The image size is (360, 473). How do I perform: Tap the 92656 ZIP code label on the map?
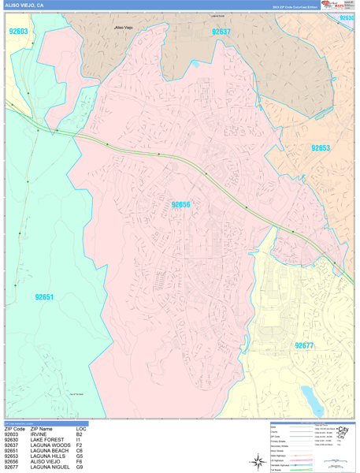point(181,205)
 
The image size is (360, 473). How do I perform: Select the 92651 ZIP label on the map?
point(44,297)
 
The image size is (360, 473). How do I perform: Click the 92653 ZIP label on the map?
point(320,148)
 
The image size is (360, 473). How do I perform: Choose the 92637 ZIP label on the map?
point(221,32)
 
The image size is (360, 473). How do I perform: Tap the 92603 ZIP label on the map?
point(19,32)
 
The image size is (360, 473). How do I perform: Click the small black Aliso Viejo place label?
point(124,28)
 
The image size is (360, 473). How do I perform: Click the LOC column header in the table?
point(80,429)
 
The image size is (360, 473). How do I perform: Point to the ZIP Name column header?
point(43,429)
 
